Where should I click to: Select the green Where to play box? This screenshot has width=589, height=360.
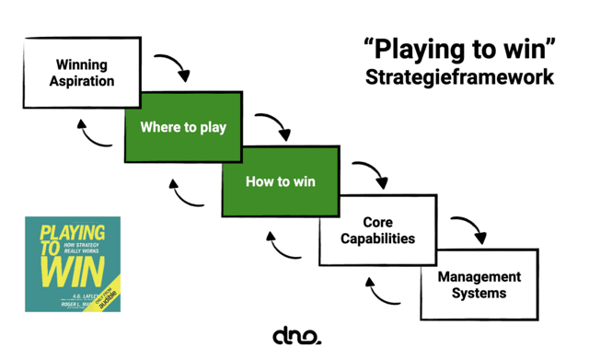pyautogui.click(x=183, y=127)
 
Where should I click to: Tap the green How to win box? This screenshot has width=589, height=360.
pyautogui.click(x=280, y=181)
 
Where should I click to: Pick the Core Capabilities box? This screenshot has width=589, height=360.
pyautogui.click(x=377, y=231)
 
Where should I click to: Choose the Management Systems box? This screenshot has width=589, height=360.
pyautogui.click(x=479, y=285)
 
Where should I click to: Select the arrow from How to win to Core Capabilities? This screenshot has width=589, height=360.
pyautogui.click(x=372, y=175)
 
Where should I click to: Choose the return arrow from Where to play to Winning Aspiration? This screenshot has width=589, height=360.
pyautogui.click(x=89, y=137)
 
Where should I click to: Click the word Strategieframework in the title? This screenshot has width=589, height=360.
pyautogui.click(x=459, y=76)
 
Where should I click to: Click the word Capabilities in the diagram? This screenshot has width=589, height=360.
pyautogui.click(x=377, y=239)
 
